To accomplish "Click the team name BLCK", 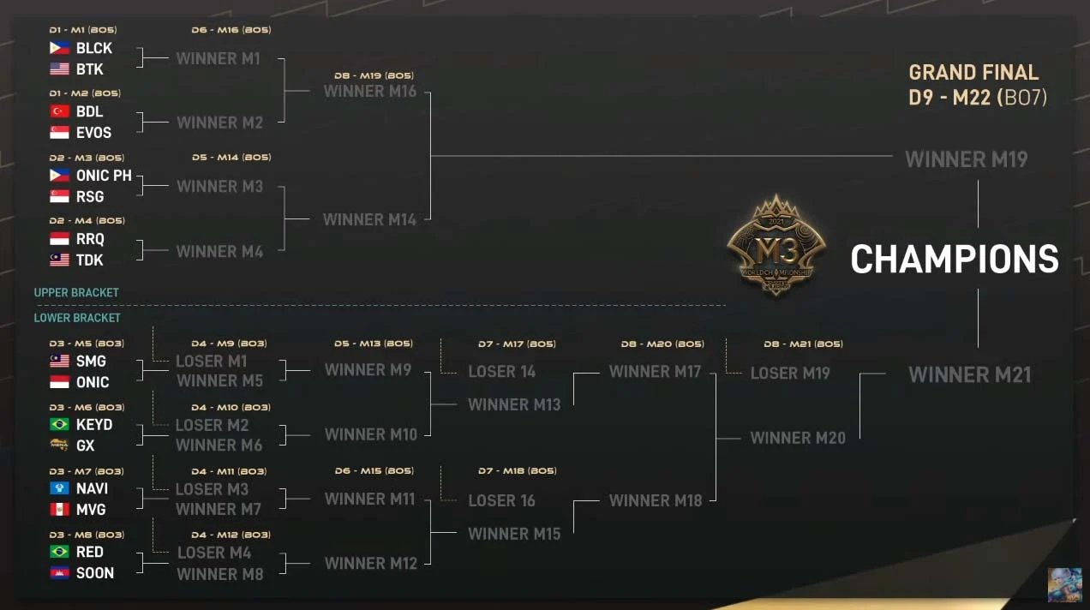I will [x=93, y=49].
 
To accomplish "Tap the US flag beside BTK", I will [x=59, y=69].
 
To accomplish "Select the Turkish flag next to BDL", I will [x=59, y=111].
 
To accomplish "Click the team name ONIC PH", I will [x=104, y=176].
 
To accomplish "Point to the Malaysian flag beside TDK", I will [x=59, y=260].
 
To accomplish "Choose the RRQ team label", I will [x=90, y=239].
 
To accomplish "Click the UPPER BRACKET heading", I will [x=76, y=293].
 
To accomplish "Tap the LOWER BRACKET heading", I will [x=77, y=318].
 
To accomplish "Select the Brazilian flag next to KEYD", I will [x=59, y=425].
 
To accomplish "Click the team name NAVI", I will [x=92, y=488].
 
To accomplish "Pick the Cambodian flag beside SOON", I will [x=59, y=573].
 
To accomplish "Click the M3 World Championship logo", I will [x=776, y=245].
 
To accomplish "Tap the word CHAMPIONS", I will [x=954, y=260].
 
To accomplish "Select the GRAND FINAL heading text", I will [x=973, y=73].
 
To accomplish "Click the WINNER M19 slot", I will [x=966, y=159].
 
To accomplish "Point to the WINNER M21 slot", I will [x=969, y=374].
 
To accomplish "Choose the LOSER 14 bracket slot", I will [x=501, y=372].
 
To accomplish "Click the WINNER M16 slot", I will [x=369, y=91].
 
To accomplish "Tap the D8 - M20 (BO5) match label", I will [x=662, y=344].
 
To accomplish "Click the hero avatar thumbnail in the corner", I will [x=1063, y=584].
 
